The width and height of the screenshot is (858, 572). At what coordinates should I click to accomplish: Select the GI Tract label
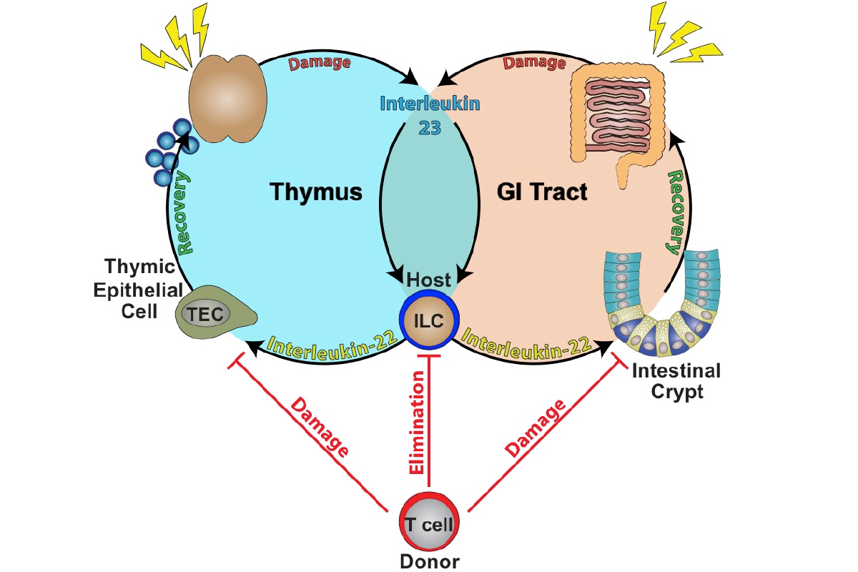click(x=541, y=192)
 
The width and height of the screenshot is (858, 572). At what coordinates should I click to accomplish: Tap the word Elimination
click(x=418, y=423)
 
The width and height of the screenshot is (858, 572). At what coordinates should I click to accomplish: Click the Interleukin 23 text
click(x=429, y=114)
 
